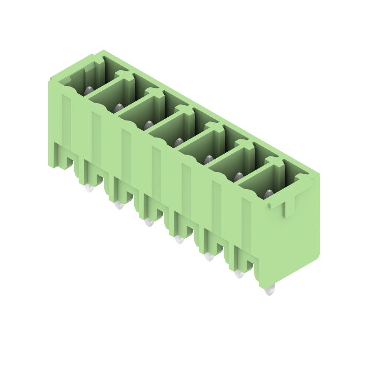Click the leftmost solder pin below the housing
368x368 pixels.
(89, 187)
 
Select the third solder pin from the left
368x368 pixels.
(149, 222)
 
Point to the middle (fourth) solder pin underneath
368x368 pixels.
(178, 239)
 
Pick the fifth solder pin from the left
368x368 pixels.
(209, 256)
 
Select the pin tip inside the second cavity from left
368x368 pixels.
(119, 108)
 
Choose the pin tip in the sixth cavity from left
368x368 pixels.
(239, 177)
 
